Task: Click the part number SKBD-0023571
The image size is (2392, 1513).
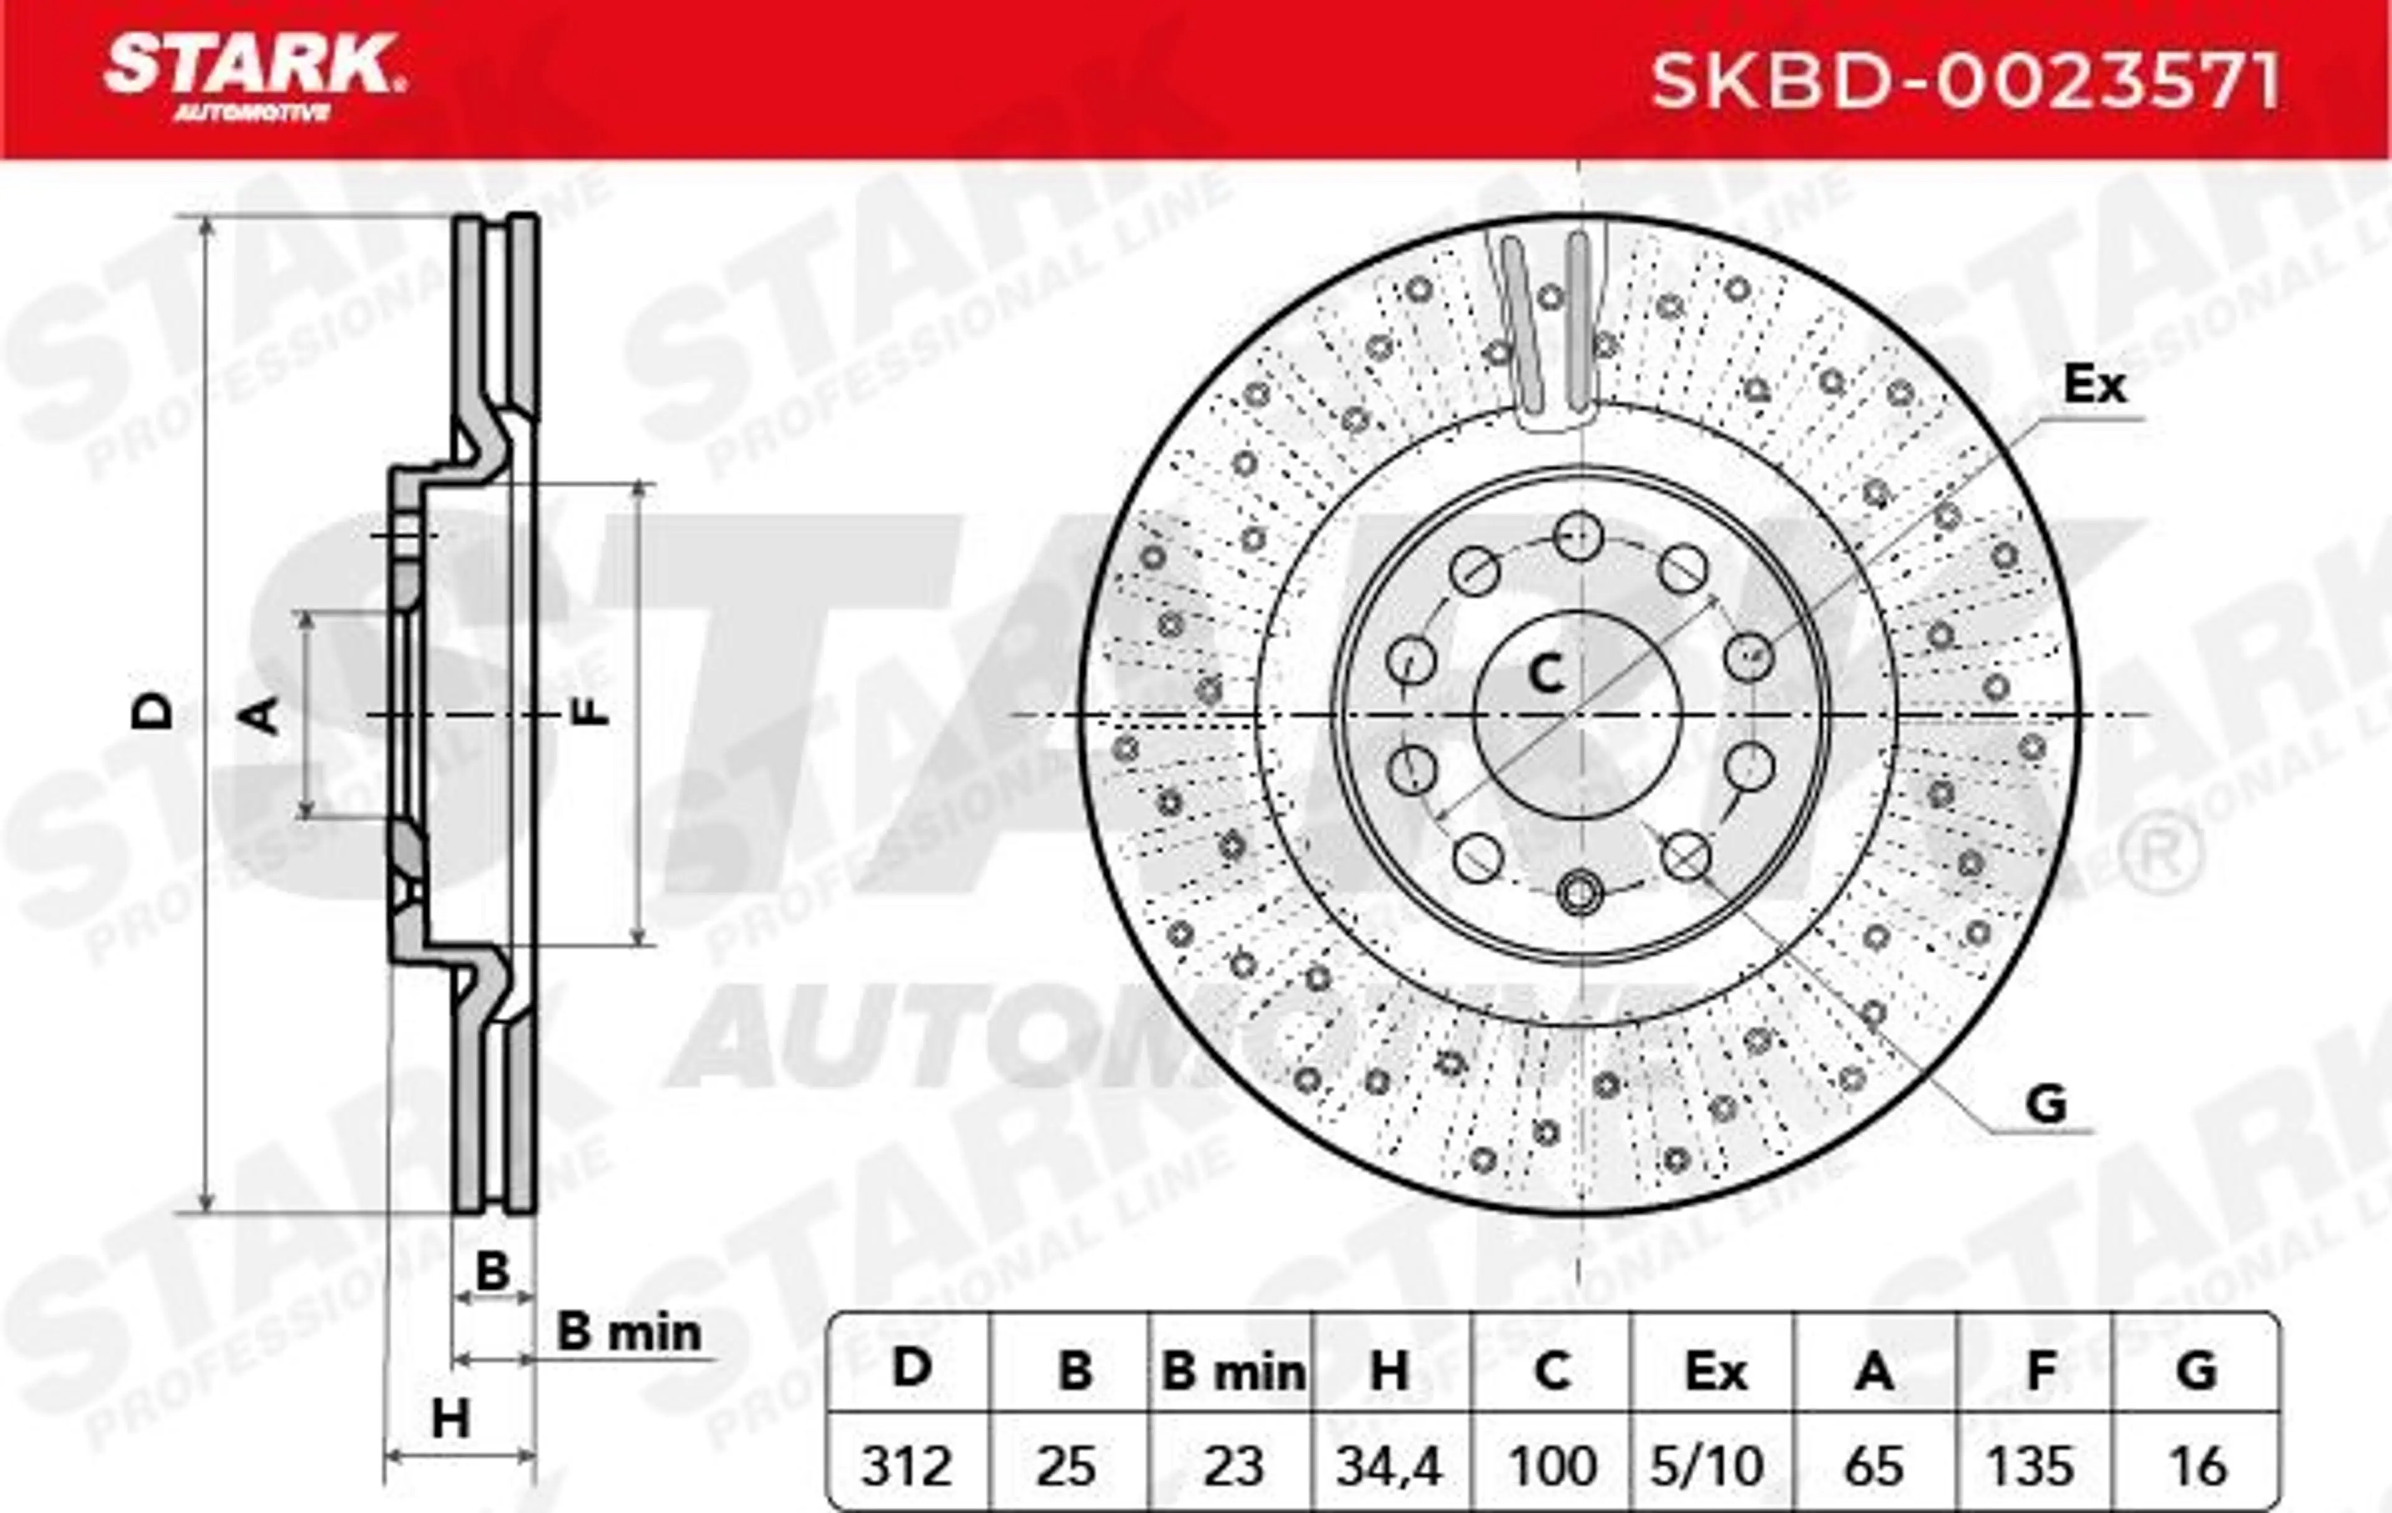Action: pyautogui.click(x=1965, y=82)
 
